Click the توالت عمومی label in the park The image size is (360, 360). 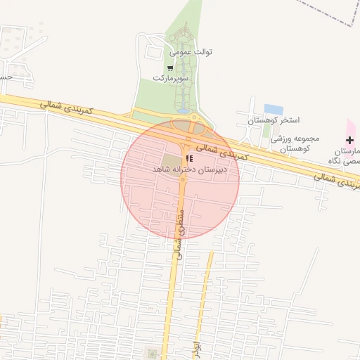click(x=191, y=52)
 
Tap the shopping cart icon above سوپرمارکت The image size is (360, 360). click(x=170, y=68)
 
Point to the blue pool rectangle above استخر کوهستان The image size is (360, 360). click(x=274, y=110)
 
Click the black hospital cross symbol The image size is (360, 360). click(x=350, y=141)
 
